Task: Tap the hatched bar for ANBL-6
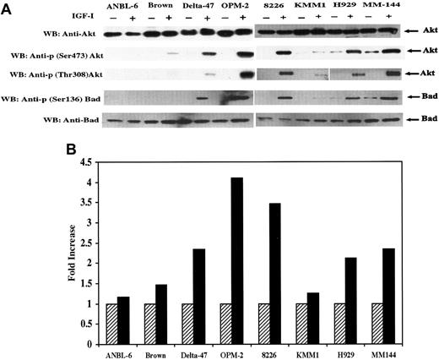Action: point(111,324)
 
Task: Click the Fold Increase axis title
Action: point(52,252)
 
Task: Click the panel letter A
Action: point(7,8)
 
